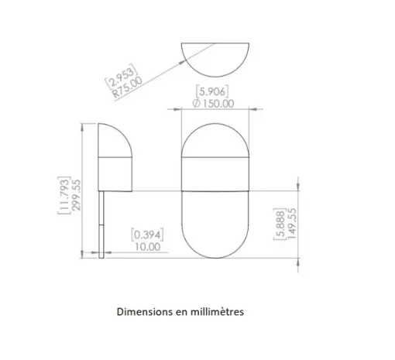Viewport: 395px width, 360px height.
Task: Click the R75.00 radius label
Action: pos(128,87)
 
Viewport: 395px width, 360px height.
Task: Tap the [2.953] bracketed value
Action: pos(121,76)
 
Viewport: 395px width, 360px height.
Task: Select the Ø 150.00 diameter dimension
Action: pos(213,104)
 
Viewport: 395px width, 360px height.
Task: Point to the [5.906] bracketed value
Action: pos(212,91)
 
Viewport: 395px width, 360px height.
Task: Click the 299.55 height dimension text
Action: pos(76,195)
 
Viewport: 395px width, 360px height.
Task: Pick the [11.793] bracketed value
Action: pos(64,195)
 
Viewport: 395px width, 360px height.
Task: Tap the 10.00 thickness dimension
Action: pos(148,247)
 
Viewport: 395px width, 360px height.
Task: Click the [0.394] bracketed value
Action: pos(147,235)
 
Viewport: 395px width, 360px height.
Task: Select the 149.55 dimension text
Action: pos(292,224)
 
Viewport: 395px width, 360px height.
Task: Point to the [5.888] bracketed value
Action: pos(280,224)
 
